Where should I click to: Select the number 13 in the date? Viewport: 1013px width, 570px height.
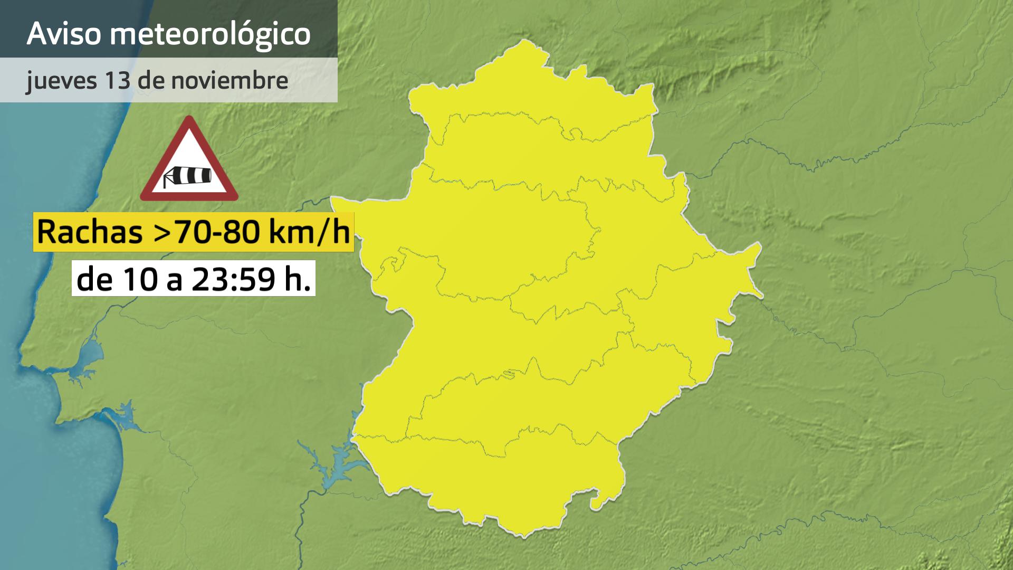118,80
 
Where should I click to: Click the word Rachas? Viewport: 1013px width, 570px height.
90,232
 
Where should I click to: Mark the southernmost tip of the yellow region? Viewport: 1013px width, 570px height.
522,536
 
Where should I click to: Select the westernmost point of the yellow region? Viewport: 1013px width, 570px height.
332,199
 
